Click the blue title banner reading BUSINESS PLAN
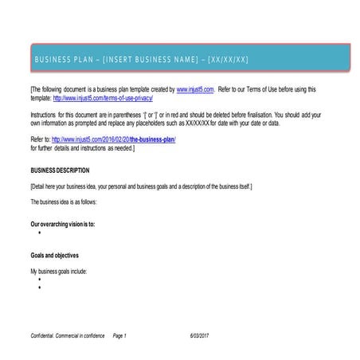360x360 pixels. pos(179,59)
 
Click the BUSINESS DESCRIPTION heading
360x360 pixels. pos(60,170)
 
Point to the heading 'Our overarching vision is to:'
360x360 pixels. pos(62,225)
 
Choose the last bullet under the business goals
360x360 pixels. pos(39,288)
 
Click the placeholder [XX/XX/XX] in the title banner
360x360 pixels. pos(228,60)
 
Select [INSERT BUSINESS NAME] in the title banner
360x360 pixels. pos(151,60)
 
